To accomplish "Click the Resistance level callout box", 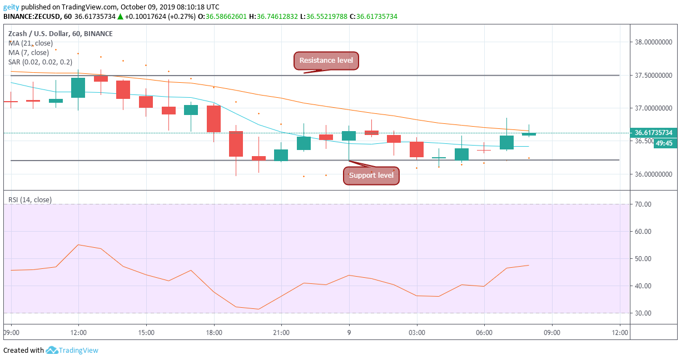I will point(326,61).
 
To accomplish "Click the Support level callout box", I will point(371,176).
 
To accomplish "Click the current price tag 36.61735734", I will point(654,133).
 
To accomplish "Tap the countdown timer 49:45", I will point(664,143).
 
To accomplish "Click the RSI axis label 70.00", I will point(644,204).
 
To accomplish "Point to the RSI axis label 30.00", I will point(644,313).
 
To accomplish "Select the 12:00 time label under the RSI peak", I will point(78,333).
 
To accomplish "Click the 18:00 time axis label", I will point(214,333).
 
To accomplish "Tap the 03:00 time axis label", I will point(416,333).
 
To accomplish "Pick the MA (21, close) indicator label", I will point(31,43).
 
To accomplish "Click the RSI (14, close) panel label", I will point(29,199).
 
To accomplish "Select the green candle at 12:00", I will point(78,88).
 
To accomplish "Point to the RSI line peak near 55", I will point(78,245).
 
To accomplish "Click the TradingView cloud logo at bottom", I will point(52,351).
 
